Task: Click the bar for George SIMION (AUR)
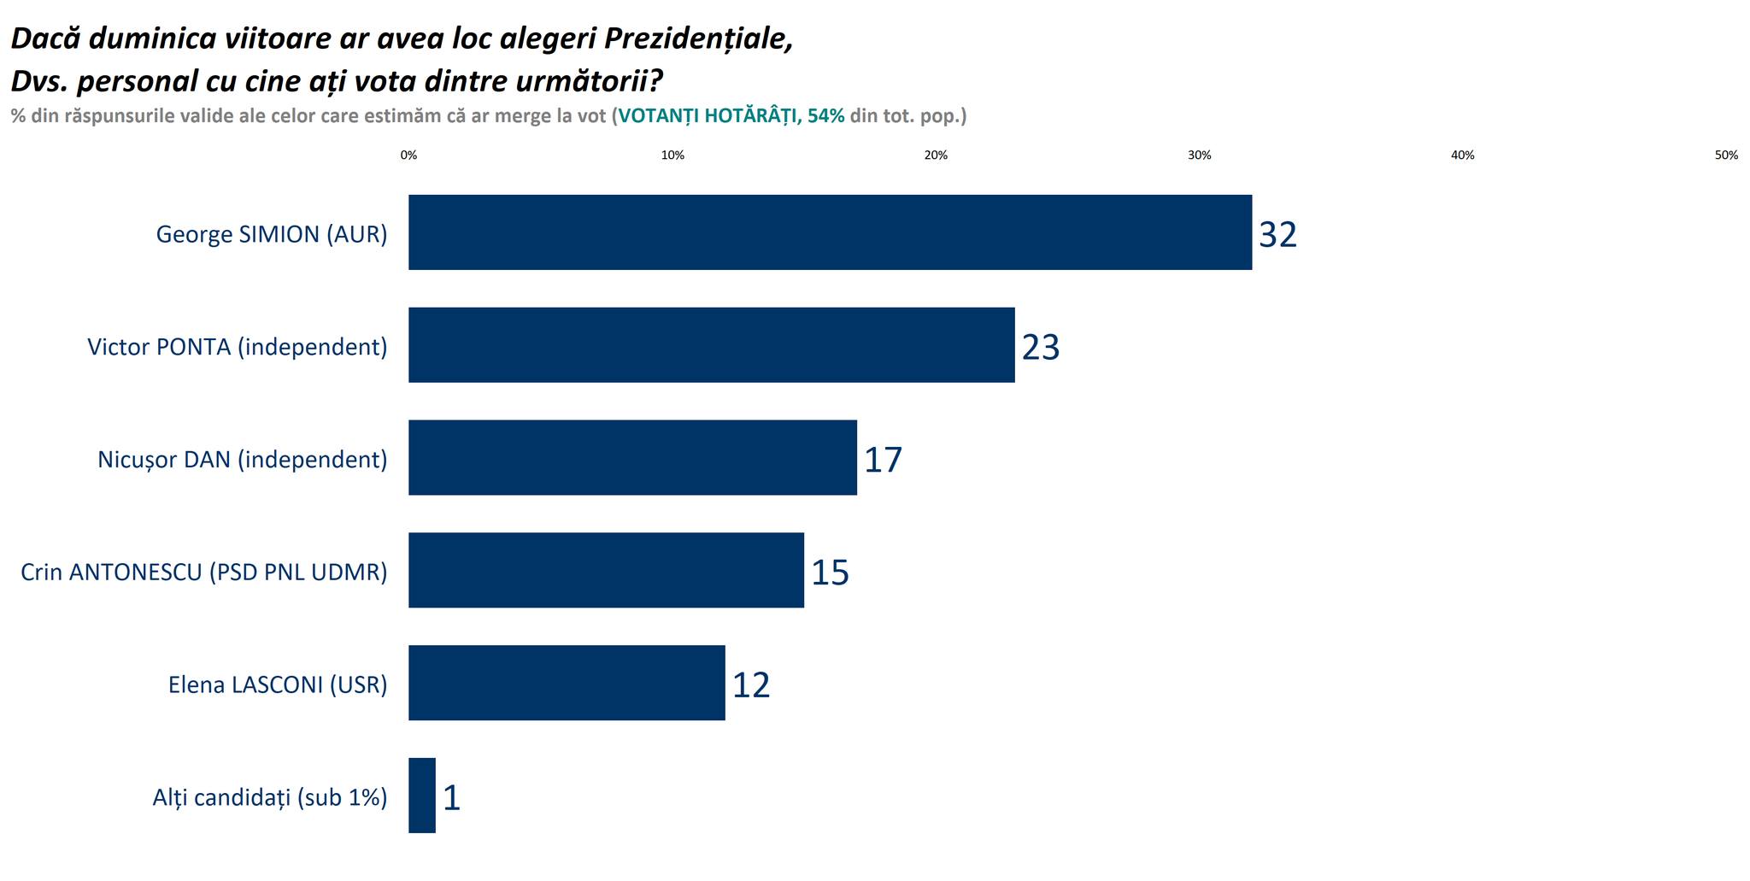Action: point(829,232)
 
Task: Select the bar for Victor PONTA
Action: point(711,345)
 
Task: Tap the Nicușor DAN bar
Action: point(632,457)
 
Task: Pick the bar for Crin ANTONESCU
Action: point(606,570)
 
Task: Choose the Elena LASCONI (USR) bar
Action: point(567,683)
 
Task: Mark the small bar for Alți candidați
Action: point(422,796)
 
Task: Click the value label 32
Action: point(1277,234)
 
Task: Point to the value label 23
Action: point(1040,347)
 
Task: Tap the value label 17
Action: point(883,460)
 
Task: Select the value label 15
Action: point(830,573)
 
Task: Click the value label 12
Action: point(751,685)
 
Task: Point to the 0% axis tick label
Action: point(408,156)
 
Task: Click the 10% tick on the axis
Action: point(672,156)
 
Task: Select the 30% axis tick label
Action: point(1199,156)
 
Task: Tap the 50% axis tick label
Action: point(1726,156)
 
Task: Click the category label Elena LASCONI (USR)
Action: point(278,684)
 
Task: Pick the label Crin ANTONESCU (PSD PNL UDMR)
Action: point(204,572)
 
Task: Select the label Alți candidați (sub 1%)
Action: point(270,797)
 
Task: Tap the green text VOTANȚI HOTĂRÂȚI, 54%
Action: point(731,116)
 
